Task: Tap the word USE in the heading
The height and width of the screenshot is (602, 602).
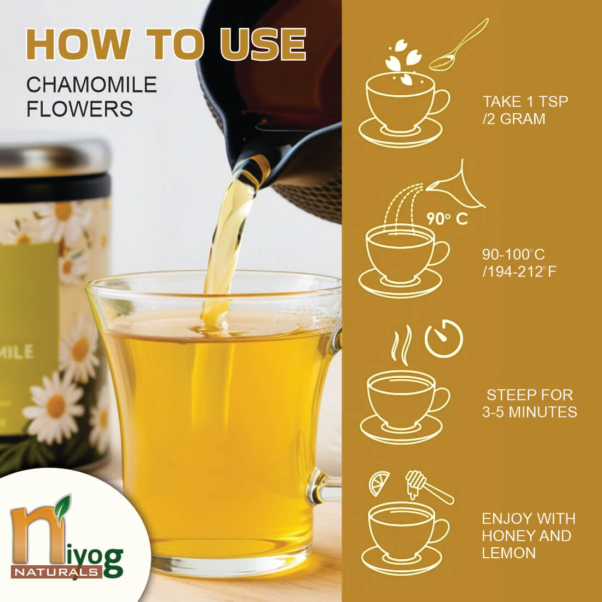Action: (x=263, y=44)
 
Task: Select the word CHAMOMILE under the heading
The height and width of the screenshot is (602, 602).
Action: (x=92, y=84)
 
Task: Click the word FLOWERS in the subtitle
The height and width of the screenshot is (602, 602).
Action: (x=79, y=109)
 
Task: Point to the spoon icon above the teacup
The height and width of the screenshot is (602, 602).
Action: (x=459, y=46)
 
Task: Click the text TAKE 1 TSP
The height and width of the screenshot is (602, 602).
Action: (x=525, y=102)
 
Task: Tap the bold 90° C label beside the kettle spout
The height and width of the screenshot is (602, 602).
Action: (x=447, y=218)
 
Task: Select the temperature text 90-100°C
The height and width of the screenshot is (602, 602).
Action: (x=513, y=254)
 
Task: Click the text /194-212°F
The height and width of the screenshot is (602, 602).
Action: (x=519, y=272)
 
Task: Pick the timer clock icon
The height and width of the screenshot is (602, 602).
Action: (x=444, y=339)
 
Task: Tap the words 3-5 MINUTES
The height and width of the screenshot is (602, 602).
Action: (x=529, y=412)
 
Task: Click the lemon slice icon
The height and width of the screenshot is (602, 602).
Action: (x=379, y=483)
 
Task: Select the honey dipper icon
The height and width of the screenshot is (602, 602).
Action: (x=429, y=486)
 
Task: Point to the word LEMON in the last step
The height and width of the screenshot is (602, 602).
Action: (x=509, y=553)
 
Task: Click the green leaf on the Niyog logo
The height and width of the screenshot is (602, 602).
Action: (x=62, y=506)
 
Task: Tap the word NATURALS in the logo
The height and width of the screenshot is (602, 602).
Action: (x=56, y=572)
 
